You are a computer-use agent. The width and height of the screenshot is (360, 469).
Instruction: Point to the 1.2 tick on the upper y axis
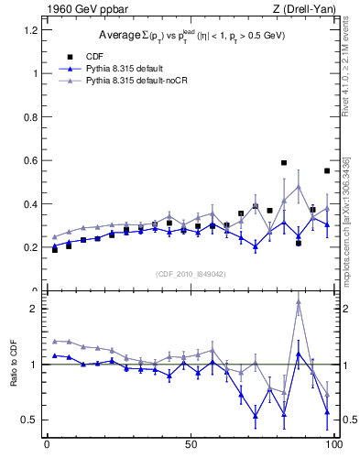(x=29, y=30)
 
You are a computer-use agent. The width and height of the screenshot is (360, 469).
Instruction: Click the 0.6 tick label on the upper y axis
(x=29, y=160)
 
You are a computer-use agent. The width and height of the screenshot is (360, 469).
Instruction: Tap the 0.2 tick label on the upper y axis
(x=29, y=247)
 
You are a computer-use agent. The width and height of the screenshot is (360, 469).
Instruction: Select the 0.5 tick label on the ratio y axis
(x=29, y=420)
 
